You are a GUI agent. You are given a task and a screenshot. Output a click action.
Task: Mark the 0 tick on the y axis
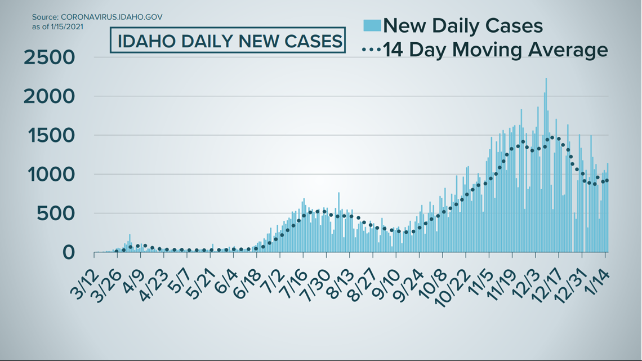(68, 252)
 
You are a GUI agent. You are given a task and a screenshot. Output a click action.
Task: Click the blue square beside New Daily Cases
(372, 25)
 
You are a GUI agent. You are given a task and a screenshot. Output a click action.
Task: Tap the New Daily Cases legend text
(463, 25)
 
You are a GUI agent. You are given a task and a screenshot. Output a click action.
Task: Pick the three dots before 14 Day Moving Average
(372, 50)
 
